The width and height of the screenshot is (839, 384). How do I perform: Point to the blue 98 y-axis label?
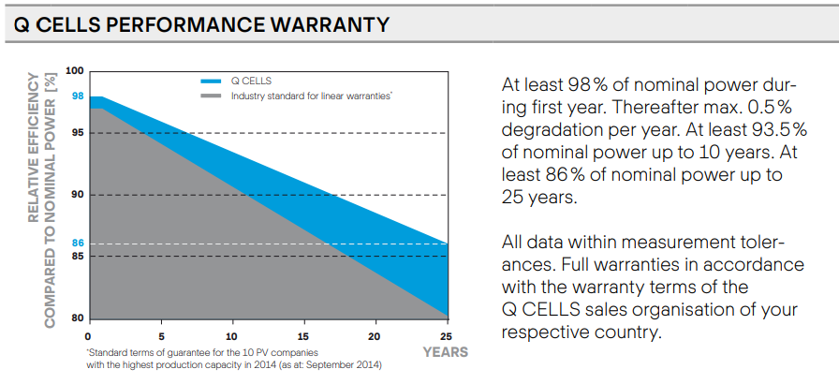pyautogui.click(x=78, y=96)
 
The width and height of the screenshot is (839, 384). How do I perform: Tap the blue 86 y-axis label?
pyautogui.click(x=78, y=244)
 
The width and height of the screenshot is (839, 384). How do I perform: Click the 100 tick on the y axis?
pyautogui.click(x=76, y=71)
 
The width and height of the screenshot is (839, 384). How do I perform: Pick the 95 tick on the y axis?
pyautogui.click(x=78, y=133)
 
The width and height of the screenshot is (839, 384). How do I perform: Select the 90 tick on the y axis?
pyautogui.click(x=78, y=195)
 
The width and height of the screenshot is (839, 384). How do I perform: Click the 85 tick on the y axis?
pyautogui.click(x=78, y=256)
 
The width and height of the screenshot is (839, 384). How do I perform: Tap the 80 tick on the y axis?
pyautogui.click(x=78, y=318)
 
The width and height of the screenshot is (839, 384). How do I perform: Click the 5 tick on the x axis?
pyautogui.click(x=161, y=335)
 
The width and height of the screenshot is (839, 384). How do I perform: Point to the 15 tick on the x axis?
pyautogui.click(x=303, y=335)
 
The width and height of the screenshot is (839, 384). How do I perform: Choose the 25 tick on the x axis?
pyautogui.click(x=447, y=335)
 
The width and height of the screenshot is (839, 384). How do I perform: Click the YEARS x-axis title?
pyautogui.click(x=445, y=352)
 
